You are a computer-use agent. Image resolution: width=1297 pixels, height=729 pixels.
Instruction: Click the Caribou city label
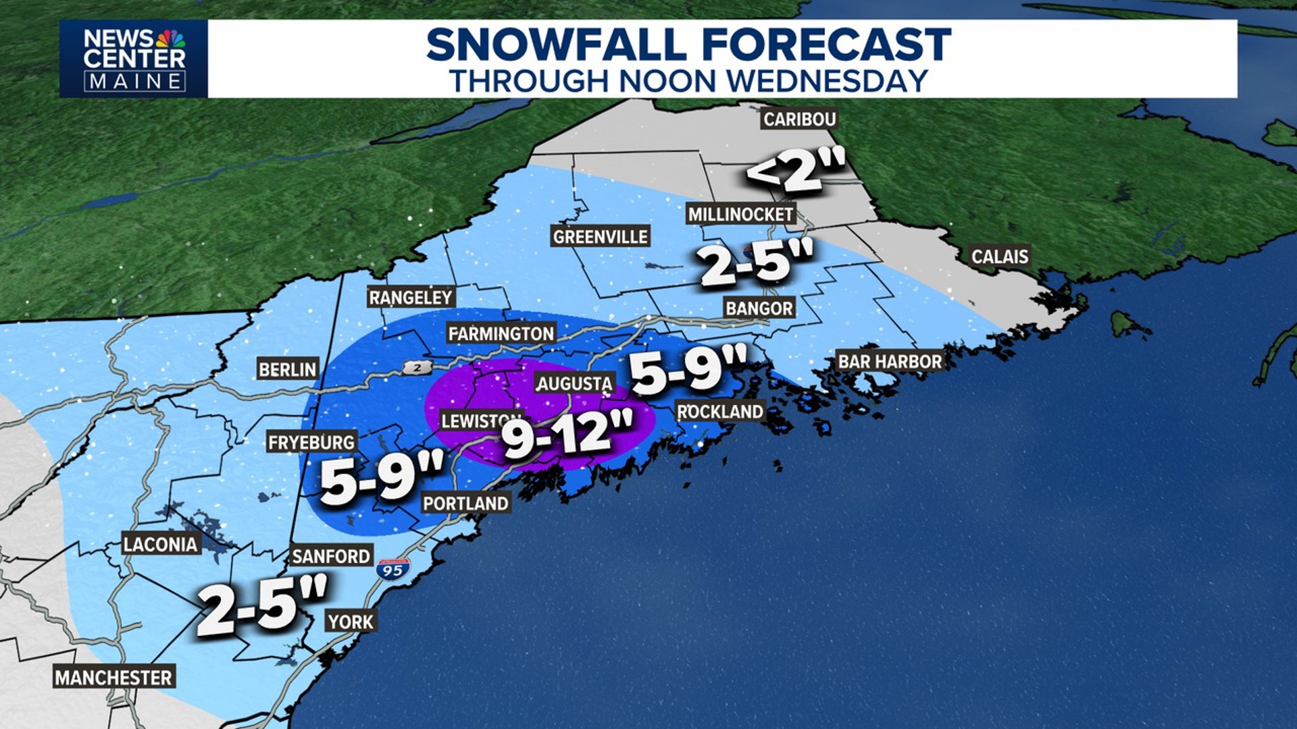[x=800, y=119]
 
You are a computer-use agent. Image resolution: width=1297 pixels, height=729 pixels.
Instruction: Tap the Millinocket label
[x=740, y=215]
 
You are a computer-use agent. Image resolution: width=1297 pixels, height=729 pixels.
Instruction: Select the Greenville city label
[x=600, y=236]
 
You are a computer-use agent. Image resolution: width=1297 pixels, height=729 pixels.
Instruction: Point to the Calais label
[x=1000, y=256]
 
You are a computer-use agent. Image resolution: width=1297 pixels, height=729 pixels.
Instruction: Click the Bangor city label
[x=759, y=308]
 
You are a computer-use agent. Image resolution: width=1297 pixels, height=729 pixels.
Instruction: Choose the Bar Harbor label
[x=890, y=362]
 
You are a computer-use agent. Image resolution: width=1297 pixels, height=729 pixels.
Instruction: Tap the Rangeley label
[x=410, y=298]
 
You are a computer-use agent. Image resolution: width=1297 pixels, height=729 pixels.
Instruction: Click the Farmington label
[x=501, y=333]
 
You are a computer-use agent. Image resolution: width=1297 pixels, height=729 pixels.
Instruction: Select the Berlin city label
[x=287, y=369]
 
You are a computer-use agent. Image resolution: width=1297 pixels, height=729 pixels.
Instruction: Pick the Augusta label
[x=574, y=383]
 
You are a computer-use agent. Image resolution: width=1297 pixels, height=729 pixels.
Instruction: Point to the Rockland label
[x=720, y=411]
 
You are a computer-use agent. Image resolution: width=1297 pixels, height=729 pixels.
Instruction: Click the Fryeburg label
[x=311, y=442]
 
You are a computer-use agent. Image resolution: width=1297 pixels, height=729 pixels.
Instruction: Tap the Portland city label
[x=465, y=503]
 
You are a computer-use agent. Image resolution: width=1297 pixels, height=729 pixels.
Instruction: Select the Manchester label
[x=113, y=677]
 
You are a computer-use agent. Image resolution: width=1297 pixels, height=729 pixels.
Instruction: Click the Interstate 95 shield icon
[x=393, y=569]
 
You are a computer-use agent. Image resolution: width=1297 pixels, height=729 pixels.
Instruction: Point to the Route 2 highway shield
[x=417, y=367]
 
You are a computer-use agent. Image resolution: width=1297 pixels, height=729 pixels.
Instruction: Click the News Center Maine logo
[x=134, y=59]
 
